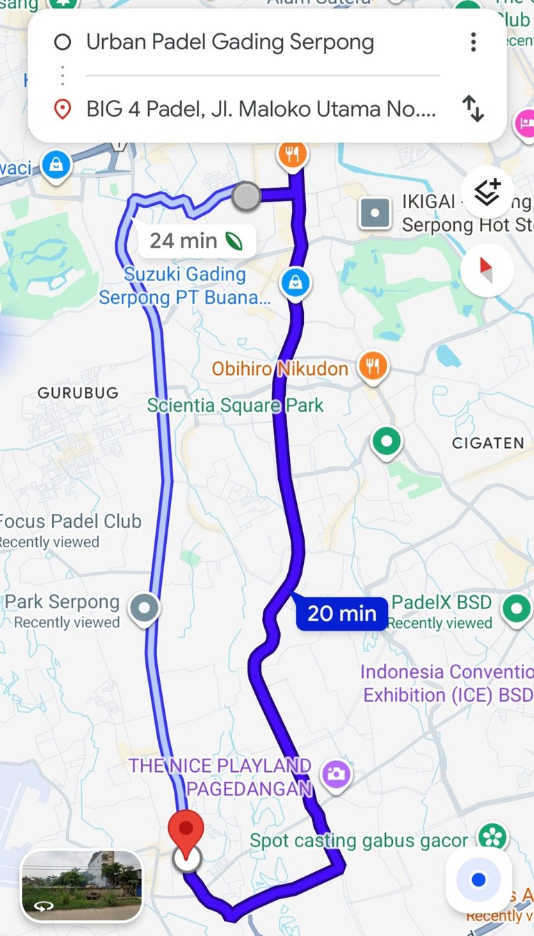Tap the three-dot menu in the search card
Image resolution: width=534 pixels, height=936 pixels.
click(474, 42)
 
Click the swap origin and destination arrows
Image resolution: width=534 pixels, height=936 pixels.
click(473, 109)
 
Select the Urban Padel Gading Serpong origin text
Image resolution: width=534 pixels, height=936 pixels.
click(229, 42)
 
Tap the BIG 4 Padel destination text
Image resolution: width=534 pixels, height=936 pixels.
click(261, 109)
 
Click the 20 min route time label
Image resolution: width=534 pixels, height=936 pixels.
click(341, 613)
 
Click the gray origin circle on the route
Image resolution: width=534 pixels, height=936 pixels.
click(245, 196)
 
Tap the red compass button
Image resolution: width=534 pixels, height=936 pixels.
click(487, 270)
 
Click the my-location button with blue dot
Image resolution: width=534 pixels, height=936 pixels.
click(478, 880)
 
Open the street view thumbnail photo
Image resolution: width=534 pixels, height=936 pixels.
click(82, 885)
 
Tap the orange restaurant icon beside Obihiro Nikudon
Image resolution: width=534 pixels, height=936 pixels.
click(373, 365)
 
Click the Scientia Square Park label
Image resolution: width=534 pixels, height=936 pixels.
click(235, 405)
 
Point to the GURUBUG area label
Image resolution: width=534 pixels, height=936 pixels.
click(78, 393)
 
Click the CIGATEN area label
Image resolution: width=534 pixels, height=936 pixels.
click(487, 443)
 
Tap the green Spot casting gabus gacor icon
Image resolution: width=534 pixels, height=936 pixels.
click(492, 836)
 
